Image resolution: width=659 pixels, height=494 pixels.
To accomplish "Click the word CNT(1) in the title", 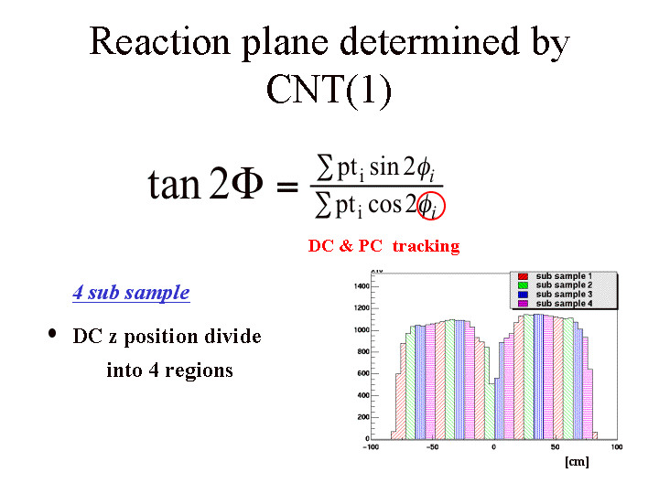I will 329,90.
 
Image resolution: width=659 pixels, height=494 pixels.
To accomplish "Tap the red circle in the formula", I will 430,206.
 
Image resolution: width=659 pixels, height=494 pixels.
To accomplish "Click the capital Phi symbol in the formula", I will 245,185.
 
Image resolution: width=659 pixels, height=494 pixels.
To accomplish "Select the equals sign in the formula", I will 287,187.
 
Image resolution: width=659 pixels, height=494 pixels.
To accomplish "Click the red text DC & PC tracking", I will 384,246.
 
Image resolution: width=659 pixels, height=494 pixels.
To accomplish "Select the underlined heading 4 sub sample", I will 131,294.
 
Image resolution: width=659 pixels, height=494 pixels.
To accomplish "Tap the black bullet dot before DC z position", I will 51,334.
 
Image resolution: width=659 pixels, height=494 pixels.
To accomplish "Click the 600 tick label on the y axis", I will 362,373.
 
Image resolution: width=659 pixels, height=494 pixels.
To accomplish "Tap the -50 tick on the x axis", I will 432,447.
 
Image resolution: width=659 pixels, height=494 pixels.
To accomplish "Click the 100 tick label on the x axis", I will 615,447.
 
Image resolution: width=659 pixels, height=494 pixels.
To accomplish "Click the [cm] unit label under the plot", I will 577,463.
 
